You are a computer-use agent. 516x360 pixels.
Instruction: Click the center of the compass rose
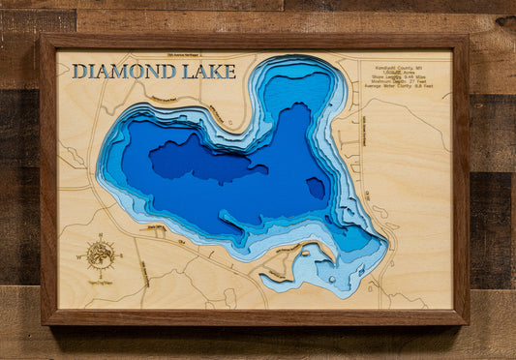point(100,255)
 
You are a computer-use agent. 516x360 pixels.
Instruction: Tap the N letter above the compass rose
point(100,235)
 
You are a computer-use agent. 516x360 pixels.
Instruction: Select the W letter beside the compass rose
point(79,257)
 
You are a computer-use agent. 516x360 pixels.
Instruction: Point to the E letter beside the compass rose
point(121,255)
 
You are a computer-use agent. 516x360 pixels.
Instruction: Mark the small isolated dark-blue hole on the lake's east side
point(317,188)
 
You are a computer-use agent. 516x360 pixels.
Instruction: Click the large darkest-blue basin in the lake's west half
point(198,160)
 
